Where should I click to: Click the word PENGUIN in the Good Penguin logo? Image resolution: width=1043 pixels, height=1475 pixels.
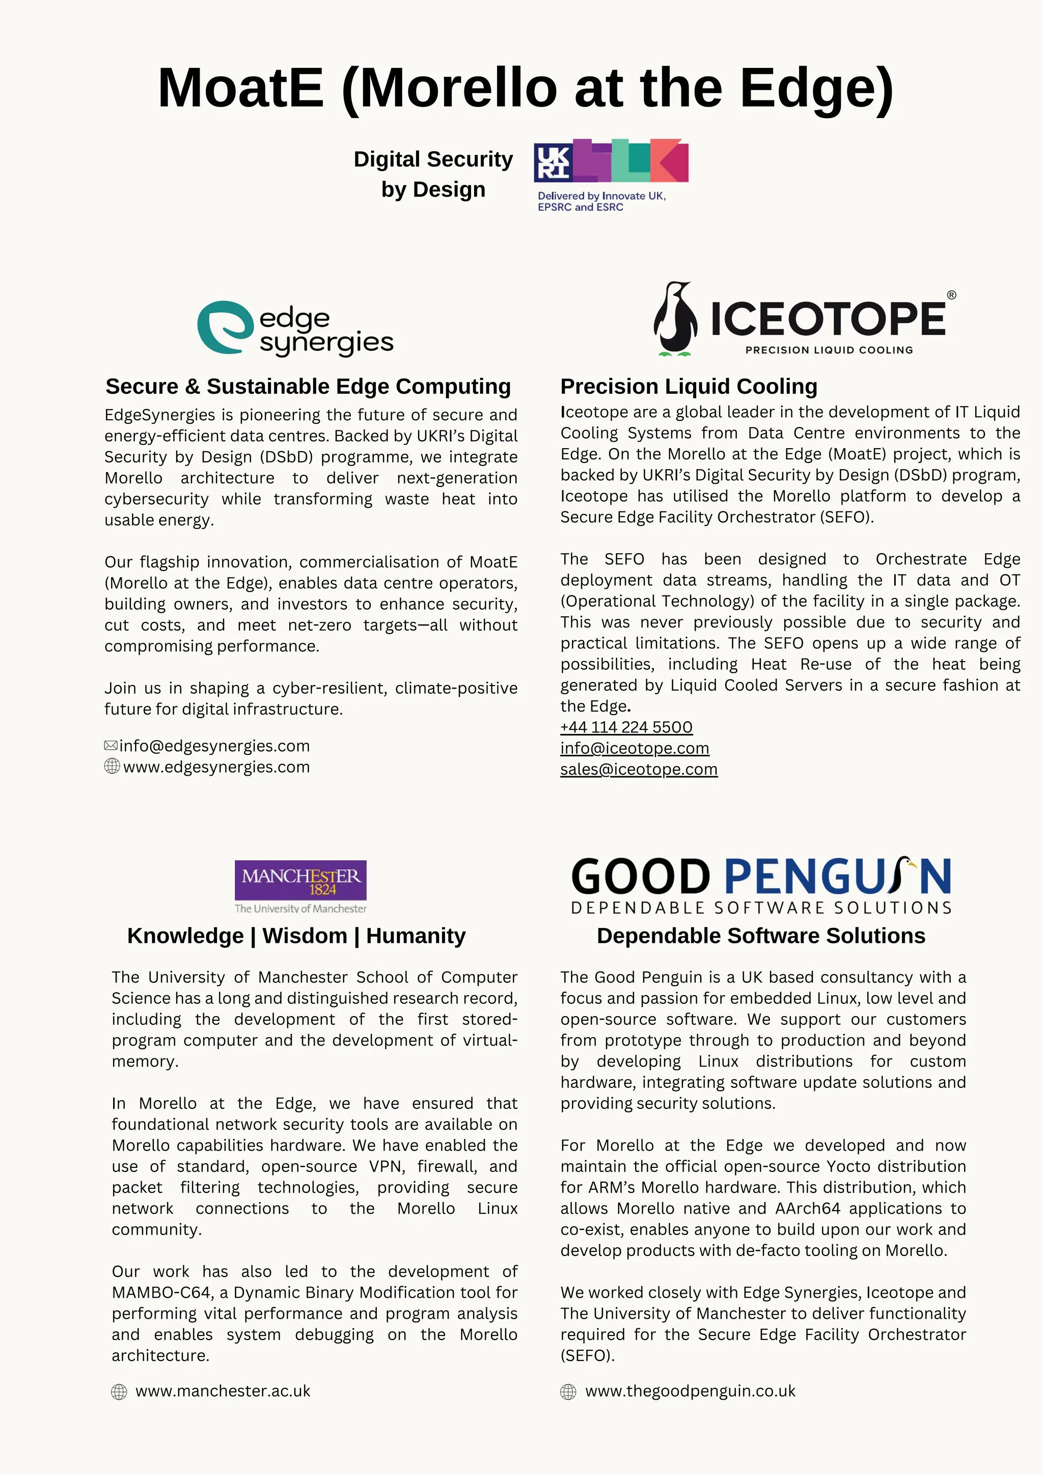tap(837, 877)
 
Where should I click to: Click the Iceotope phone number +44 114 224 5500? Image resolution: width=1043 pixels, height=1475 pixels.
tap(626, 727)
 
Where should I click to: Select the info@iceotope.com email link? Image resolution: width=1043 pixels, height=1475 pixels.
tap(635, 748)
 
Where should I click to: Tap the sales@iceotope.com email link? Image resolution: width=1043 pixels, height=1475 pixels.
tap(639, 770)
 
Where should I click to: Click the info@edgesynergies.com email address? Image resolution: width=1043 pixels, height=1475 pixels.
tap(214, 746)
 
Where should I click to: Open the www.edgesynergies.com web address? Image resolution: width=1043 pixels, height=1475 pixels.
tap(216, 767)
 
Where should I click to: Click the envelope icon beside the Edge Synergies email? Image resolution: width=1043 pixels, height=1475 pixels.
tap(111, 745)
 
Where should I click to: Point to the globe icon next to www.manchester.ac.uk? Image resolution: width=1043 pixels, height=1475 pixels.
tap(119, 1392)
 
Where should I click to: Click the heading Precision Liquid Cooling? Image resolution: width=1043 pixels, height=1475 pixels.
tap(689, 387)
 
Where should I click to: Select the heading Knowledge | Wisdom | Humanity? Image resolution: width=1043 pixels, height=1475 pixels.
tap(296, 936)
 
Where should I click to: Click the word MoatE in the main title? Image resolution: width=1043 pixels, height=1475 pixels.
tap(240, 88)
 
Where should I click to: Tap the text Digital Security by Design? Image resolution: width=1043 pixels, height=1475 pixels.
tap(433, 174)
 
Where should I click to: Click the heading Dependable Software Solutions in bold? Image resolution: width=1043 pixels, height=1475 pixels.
tap(760, 936)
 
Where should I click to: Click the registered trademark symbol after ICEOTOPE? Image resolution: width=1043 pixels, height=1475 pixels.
tap(951, 295)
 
